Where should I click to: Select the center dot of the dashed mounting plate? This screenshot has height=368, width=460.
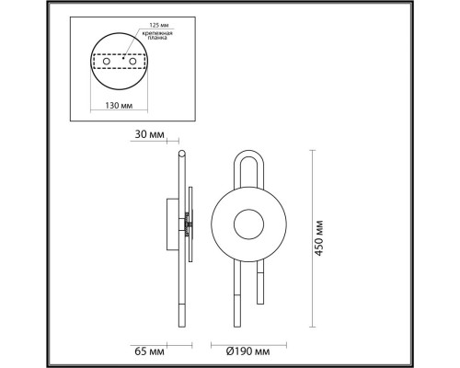point(120,66)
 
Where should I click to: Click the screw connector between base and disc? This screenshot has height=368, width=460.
point(186,223)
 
